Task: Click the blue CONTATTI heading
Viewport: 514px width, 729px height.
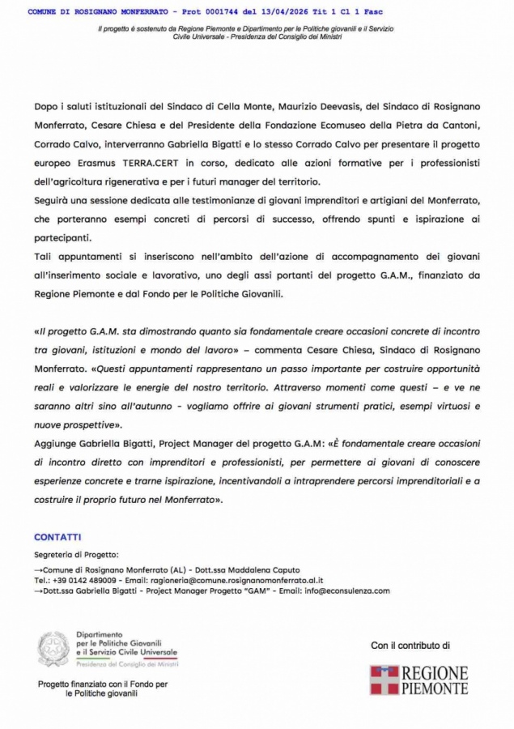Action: point(57,537)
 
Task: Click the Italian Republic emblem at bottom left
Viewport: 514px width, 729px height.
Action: point(53,649)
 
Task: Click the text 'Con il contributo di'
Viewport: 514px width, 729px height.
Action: point(410,646)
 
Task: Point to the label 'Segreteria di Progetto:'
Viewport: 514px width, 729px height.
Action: point(76,555)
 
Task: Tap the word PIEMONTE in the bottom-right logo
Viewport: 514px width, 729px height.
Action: point(435,688)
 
